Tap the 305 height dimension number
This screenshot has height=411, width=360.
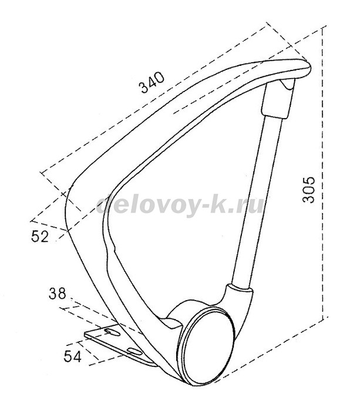pyautogui.click(x=308, y=190)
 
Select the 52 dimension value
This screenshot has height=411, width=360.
pyautogui.click(x=40, y=237)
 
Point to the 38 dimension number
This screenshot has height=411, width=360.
pyautogui.click(x=57, y=294)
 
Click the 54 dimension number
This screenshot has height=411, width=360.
pyautogui.click(x=73, y=356)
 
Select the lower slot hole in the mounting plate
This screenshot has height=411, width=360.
pyautogui.click(x=135, y=351)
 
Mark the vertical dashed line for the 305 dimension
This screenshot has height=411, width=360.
pyautogui.click(x=324, y=173)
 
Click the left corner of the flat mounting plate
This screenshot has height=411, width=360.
pyautogui.click(x=85, y=335)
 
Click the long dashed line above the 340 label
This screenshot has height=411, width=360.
pyautogui.click(x=153, y=97)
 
